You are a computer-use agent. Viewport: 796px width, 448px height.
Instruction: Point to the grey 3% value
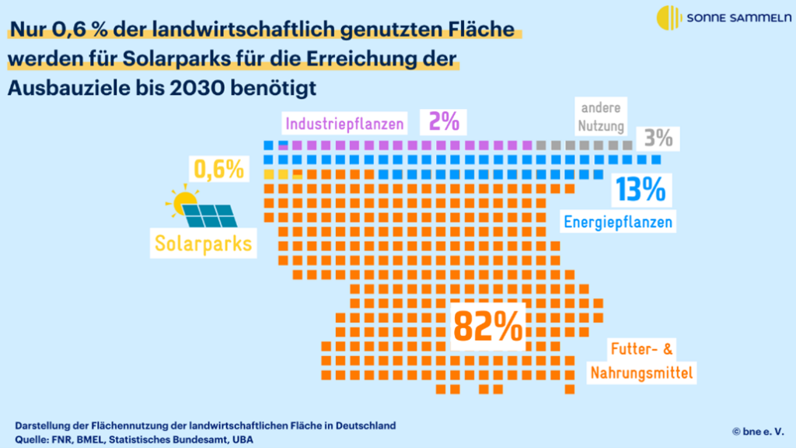[x=658, y=139]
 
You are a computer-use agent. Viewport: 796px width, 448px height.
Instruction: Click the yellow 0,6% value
[x=218, y=169]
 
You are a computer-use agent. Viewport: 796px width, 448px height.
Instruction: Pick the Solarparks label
[x=204, y=243]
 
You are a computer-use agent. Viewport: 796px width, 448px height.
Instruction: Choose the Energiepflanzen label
[x=618, y=222]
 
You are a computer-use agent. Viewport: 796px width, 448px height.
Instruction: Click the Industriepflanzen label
[x=344, y=124]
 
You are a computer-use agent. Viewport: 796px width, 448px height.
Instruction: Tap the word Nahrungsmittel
[x=641, y=373]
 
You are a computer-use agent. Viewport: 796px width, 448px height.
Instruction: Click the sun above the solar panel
[x=184, y=201]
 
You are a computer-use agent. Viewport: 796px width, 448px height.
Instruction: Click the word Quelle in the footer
[x=32, y=439]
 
